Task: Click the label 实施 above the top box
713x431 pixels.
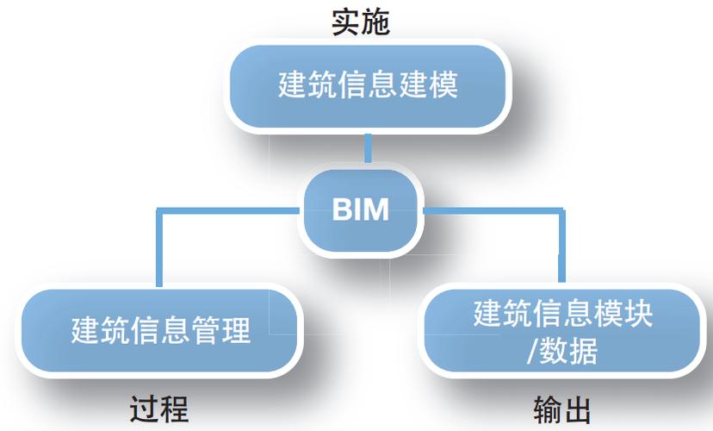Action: [361, 22]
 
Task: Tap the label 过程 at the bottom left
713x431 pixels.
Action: [159, 408]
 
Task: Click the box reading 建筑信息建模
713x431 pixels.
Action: [367, 87]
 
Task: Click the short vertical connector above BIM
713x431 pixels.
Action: [368, 148]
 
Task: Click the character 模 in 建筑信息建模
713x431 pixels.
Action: [443, 87]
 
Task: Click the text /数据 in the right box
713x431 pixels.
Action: [561, 353]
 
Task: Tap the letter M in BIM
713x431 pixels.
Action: [376, 210]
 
